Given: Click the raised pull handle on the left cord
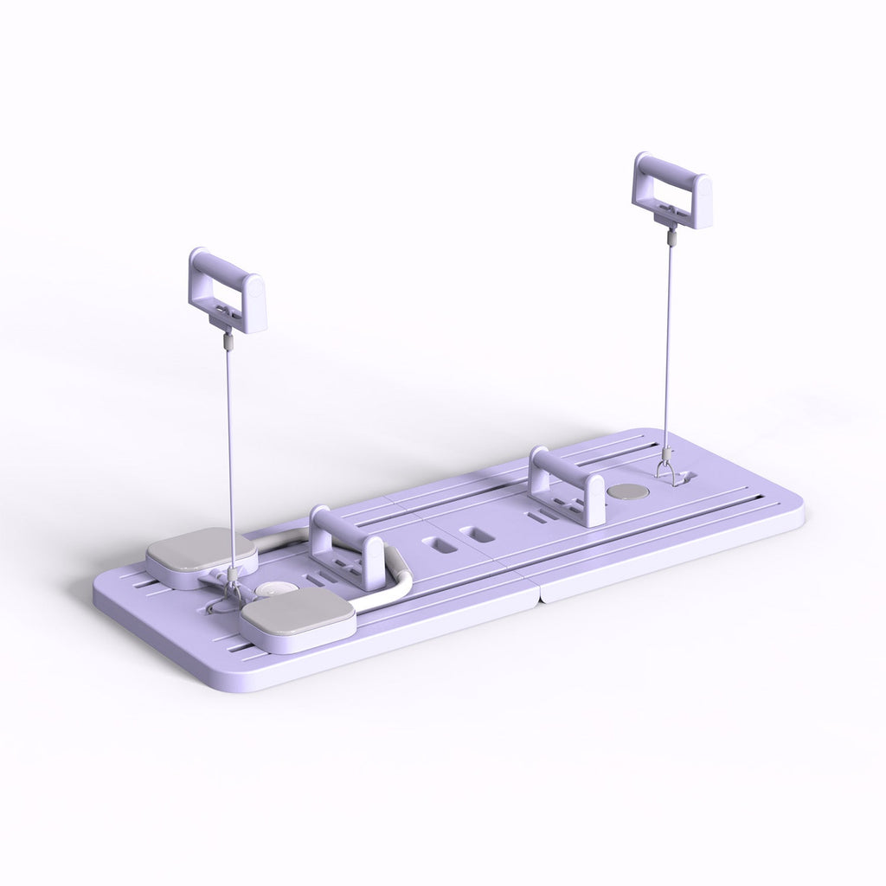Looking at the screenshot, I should (227, 290).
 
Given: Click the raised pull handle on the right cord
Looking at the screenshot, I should (671, 190).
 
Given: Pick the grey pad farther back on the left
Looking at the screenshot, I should (202, 559).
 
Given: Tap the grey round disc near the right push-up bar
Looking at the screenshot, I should (629, 491).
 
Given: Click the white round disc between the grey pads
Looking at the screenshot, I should (270, 590).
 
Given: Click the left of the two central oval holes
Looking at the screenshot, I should (434, 548).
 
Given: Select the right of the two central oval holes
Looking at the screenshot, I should (473, 535).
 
